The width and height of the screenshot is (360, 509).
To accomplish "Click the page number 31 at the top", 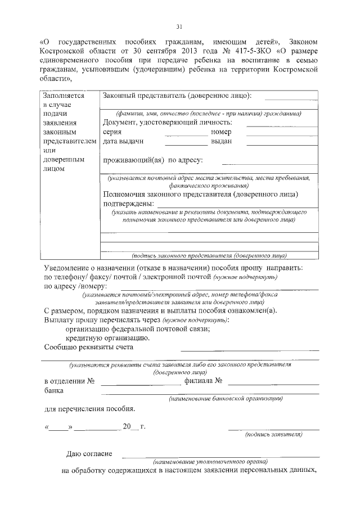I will click(179, 26).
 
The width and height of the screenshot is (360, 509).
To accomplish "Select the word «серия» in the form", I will click(112, 132).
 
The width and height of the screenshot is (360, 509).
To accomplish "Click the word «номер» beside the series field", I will click(221, 132).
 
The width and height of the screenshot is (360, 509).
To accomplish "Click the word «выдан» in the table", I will click(221, 141).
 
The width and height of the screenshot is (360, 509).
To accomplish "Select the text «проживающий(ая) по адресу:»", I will click(149, 160).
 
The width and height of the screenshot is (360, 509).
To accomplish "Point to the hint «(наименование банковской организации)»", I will click(225, 399).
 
